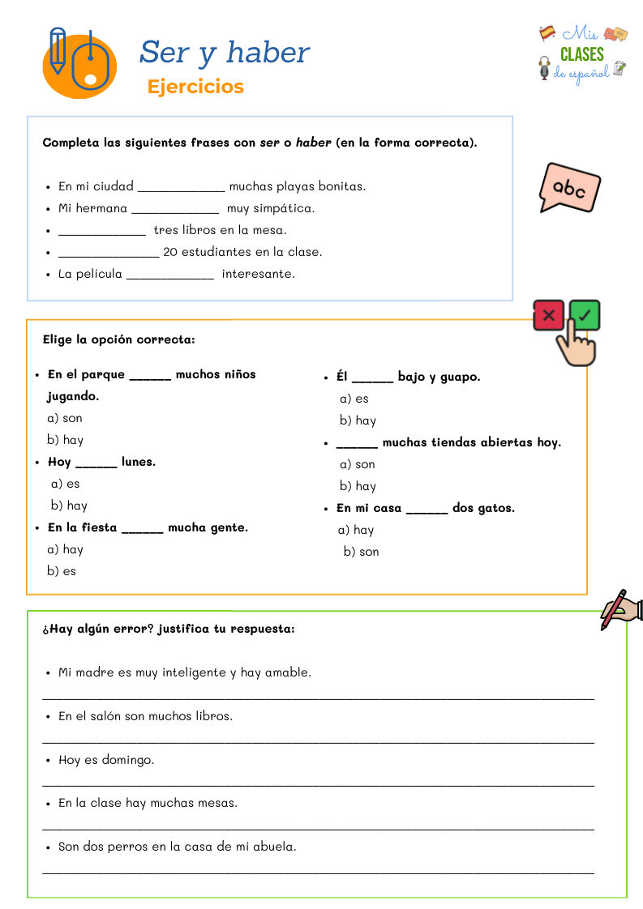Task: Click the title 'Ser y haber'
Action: click(x=225, y=53)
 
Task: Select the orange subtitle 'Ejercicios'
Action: click(x=195, y=87)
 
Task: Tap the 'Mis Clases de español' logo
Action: click(x=583, y=54)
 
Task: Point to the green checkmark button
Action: click(x=585, y=314)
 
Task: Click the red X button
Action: click(x=549, y=315)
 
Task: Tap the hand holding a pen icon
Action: click(x=621, y=609)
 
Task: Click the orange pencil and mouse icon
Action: click(x=79, y=62)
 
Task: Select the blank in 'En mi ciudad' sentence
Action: click(x=181, y=187)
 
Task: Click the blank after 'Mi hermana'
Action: click(x=175, y=209)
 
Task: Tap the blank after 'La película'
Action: click(x=170, y=275)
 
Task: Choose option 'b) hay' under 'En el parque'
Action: click(x=65, y=440)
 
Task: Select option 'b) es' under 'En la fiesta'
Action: click(x=62, y=571)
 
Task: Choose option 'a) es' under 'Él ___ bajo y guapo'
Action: click(x=354, y=399)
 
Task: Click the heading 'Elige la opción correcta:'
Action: click(x=118, y=339)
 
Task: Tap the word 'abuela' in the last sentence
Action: click(x=275, y=847)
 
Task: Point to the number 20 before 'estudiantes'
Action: click(x=170, y=252)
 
